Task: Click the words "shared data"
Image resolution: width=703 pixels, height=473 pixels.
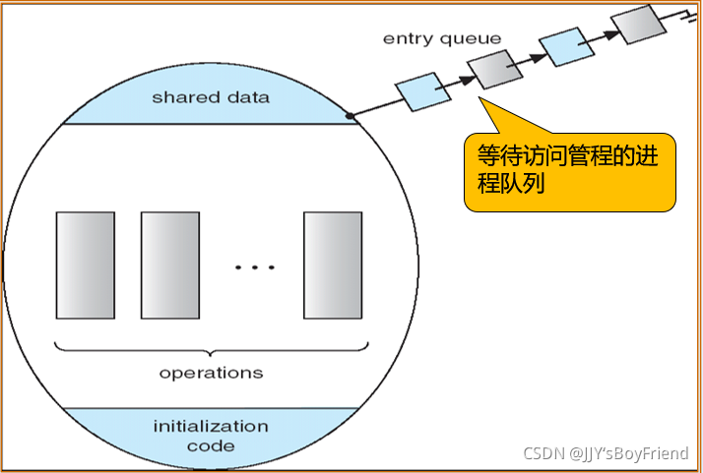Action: [211, 98]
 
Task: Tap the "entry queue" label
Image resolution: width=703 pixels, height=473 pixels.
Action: [442, 39]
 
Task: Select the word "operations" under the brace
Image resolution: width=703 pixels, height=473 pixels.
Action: [211, 373]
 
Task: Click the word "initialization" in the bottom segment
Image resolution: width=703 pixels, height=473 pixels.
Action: [211, 426]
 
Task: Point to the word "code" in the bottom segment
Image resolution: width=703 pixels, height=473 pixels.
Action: [211, 445]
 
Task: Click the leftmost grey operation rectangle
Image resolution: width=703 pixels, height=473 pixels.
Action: [86, 265]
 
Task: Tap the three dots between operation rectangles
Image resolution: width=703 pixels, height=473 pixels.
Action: [255, 267]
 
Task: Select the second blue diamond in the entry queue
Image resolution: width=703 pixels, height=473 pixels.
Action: [566, 45]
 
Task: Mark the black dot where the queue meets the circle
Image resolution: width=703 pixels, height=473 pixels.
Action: [351, 116]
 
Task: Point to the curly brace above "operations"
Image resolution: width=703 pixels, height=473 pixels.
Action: [211, 351]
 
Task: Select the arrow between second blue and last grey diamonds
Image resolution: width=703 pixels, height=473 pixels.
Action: [602, 34]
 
